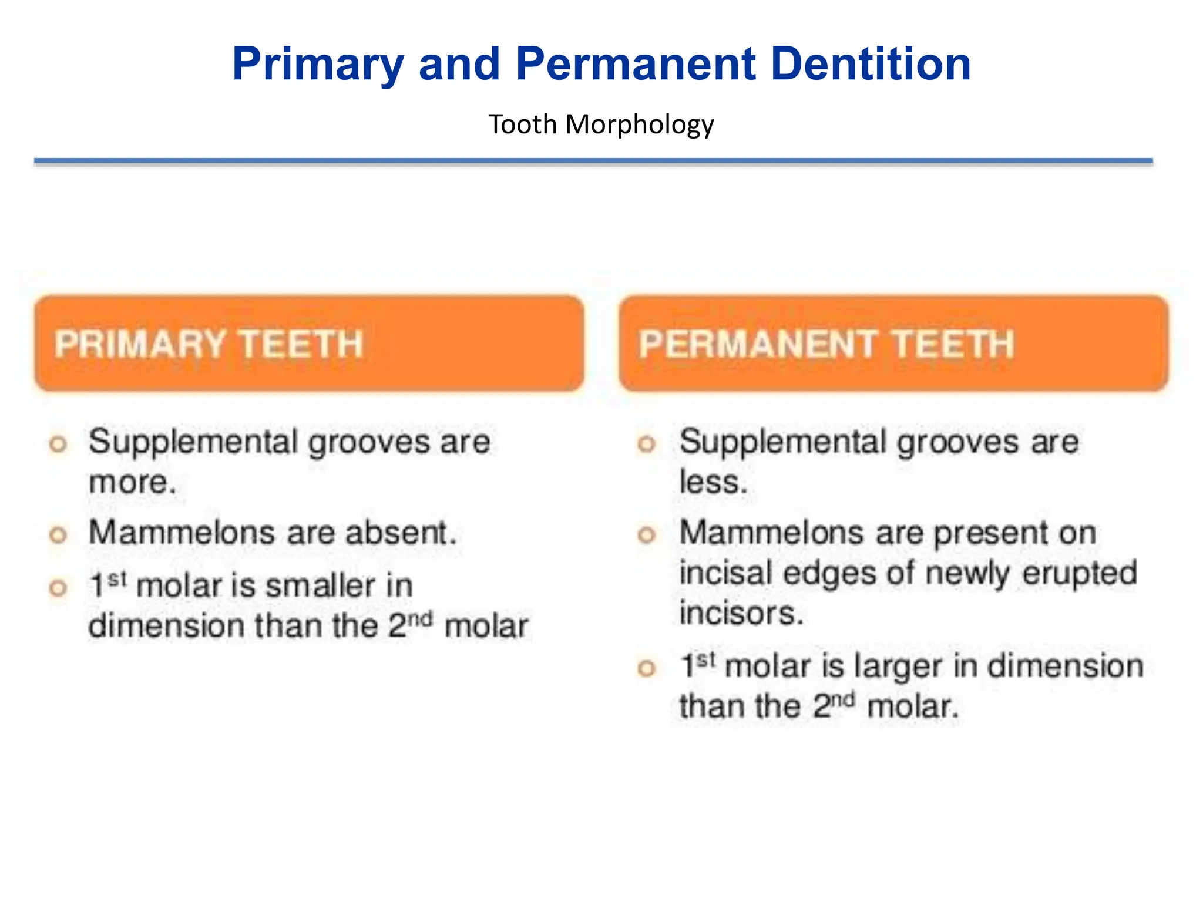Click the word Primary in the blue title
point(318,65)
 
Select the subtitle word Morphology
point(640,124)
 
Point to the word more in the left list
point(132,483)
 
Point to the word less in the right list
point(713,483)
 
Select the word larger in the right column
point(899,667)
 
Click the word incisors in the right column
point(740,613)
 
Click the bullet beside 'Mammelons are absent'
point(58,535)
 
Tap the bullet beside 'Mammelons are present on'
point(646,535)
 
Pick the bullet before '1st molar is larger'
point(646,668)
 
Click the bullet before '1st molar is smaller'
point(58,588)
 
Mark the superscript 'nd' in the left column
point(421,618)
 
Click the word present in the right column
point(990,533)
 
